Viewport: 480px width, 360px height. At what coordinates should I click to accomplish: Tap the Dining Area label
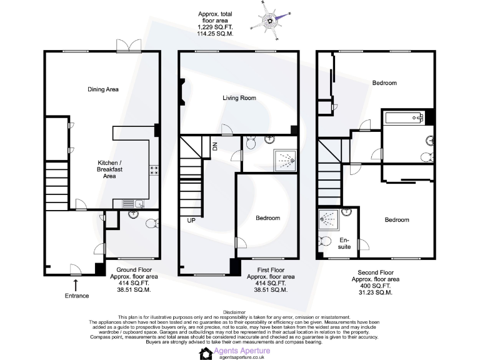tap(103, 89)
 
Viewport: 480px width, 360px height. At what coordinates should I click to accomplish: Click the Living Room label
tap(240, 97)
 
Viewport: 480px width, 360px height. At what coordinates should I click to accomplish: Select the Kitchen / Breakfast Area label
tap(102, 169)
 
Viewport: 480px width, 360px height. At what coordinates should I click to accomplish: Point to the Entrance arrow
tap(76, 285)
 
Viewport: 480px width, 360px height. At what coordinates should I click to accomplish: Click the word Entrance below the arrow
tap(76, 296)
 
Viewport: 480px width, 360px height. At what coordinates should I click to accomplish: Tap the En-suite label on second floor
tap(344, 243)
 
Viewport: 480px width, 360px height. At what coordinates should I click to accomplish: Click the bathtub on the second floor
tap(403, 117)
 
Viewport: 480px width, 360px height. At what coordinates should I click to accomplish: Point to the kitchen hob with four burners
tap(152, 170)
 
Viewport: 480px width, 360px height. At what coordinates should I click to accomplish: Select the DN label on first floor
tap(214, 146)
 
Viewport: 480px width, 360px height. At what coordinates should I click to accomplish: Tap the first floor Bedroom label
tap(267, 218)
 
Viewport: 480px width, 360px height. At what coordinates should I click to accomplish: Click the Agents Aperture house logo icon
tap(205, 354)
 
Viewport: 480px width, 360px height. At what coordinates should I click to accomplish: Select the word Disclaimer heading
tap(239, 311)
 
